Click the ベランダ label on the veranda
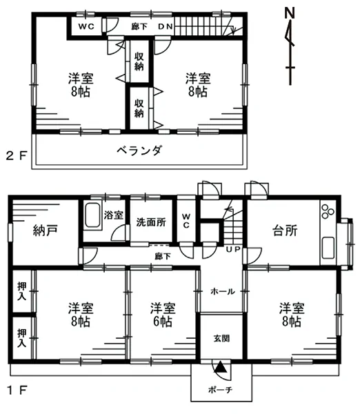pyautogui.click(x=139, y=150)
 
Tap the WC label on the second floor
pyautogui.click(x=86, y=27)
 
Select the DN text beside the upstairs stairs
pyautogui.click(x=166, y=27)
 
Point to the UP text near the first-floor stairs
pyautogui.click(x=233, y=249)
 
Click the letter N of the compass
pyautogui.click(x=290, y=12)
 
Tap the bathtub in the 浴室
pyautogui.click(x=92, y=215)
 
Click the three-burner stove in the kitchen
pyautogui.click(x=328, y=211)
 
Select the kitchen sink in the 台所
pyautogui.click(x=328, y=248)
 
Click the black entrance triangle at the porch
pyautogui.click(x=221, y=367)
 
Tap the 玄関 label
pyautogui.click(x=221, y=339)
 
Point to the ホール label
pyautogui.click(x=223, y=291)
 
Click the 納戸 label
pyautogui.click(x=45, y=230)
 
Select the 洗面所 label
pyautogui.click(x=151, y=222)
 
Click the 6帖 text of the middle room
pyautogui.click(x=163, y=322)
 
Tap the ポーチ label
pyautogui.click(x=221, y=390)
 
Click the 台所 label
pyautogui.click(x=285, y=230)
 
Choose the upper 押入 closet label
pyautogui.click(x=22, y=291)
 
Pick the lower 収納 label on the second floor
pyautogui.click(x=139, y=108)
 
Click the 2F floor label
pyautogui.click(x=17, y=156)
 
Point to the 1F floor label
pyautogui.click(x=17, y=390)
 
